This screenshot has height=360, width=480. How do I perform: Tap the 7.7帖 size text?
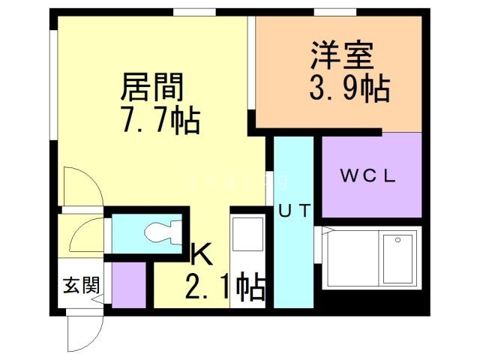pyautogui.click(x=160, y=119)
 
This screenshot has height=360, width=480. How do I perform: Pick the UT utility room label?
pyautogui.click(x=294, y=211)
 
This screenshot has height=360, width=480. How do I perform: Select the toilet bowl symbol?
pyautogui.click(x=160, y=233)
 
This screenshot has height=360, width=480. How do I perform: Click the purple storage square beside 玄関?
pyautogui.click(x=128, y=284)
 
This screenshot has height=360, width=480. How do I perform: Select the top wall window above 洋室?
pyautogui.click(x=334, y=11)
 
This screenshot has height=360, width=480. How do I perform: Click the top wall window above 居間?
pyautogui.click(x=194, y=11)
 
